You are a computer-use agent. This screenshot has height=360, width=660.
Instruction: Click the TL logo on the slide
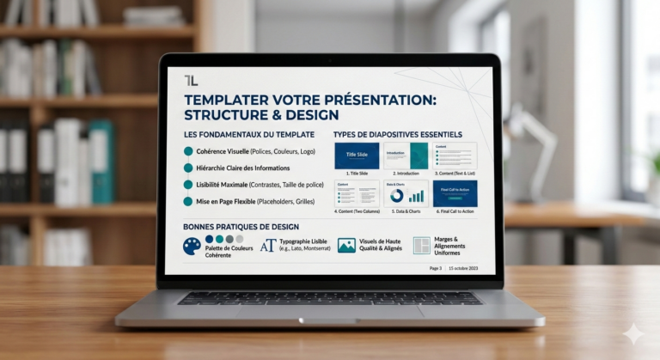[191, 80]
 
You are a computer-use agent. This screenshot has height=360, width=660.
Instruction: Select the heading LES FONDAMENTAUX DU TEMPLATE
[248, 135]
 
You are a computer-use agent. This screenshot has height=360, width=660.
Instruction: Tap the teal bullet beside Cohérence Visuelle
[188, 151]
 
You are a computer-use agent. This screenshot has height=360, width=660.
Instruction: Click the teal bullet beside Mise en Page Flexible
[188, 201]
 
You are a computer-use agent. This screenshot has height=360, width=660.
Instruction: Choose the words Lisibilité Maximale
[222, 185]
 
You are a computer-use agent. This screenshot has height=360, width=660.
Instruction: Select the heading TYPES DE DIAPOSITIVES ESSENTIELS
[397, 135]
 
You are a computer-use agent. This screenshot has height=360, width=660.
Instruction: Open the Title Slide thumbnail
[357, 156]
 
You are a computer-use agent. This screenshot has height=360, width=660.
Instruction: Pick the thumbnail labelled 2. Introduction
[406, 156]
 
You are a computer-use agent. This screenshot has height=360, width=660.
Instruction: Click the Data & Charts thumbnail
[406, 193]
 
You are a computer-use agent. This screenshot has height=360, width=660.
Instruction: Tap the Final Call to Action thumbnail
[455, 193]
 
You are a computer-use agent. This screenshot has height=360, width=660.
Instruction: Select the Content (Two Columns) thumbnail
[357, 193]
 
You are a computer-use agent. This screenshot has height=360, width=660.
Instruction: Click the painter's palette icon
[192, 247]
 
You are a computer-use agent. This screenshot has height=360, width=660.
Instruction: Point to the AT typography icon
[268, 246]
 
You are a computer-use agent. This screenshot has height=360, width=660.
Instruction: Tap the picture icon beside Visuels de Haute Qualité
[346, 246]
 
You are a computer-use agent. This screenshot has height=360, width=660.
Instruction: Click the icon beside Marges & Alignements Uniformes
[422, 246]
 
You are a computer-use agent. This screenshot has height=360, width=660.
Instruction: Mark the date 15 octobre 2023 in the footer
[465, 268]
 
